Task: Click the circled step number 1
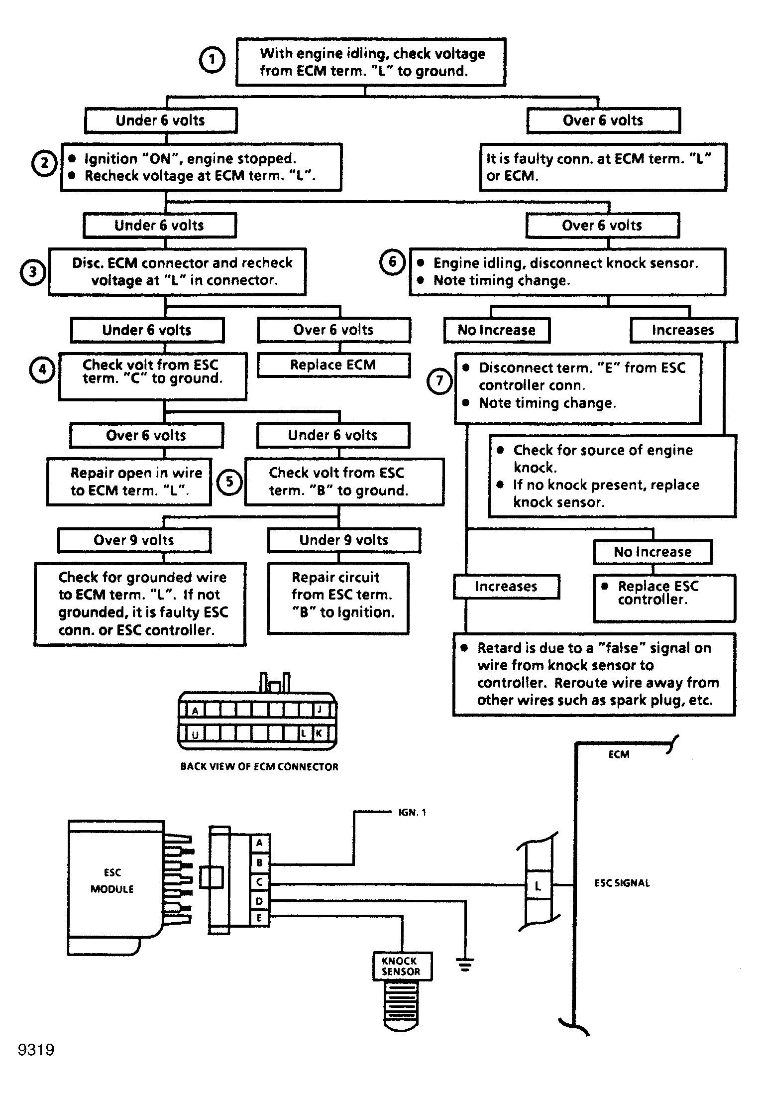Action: coord(212,60)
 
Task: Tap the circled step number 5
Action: coord(229,482)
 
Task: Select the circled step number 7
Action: coord(439,381)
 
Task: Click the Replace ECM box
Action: coord(333,365)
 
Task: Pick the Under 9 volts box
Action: coord(344,540)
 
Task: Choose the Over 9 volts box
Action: coord(134,540)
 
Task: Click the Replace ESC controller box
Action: coord(664,598)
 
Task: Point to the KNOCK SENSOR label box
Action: coord(402,966)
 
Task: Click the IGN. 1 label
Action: coord(412,812)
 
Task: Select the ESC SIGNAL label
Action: coord(622,883)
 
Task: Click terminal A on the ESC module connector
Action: coord(259,843)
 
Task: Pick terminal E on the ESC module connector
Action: coord(259,918)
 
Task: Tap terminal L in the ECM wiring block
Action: coord(538,885)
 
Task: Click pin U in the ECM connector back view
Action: coord(195,733)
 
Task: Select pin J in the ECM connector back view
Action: coord(320,709)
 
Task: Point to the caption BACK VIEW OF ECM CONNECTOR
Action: coord(259,766)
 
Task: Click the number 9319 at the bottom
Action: coord(36,1050)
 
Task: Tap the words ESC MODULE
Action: coord(112,881)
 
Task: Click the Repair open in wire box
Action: coord(129,482)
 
